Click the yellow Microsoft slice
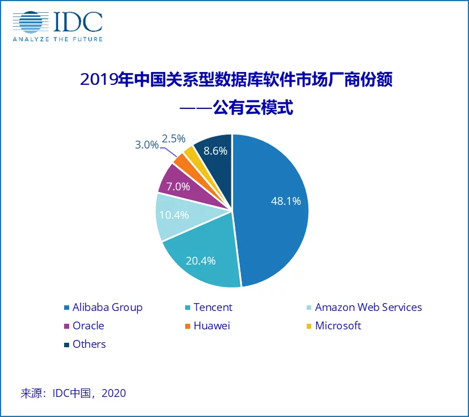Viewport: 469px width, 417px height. point(190,152)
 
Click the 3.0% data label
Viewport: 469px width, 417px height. point(147,144)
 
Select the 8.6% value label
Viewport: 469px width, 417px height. point(216,150)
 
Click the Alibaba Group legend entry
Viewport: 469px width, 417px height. point(107,308)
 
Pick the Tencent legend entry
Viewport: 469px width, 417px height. point(212,308)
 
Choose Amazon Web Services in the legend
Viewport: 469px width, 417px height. point(368,308)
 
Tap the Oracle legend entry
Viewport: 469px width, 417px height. point(88,325)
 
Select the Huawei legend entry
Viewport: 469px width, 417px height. point(211,325)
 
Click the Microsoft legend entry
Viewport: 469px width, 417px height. point(338,325)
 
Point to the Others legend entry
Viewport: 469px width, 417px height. point(89,344)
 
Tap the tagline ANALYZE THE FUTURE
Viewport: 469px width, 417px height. point(57,39)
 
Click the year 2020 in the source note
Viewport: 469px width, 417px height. point(114,393)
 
